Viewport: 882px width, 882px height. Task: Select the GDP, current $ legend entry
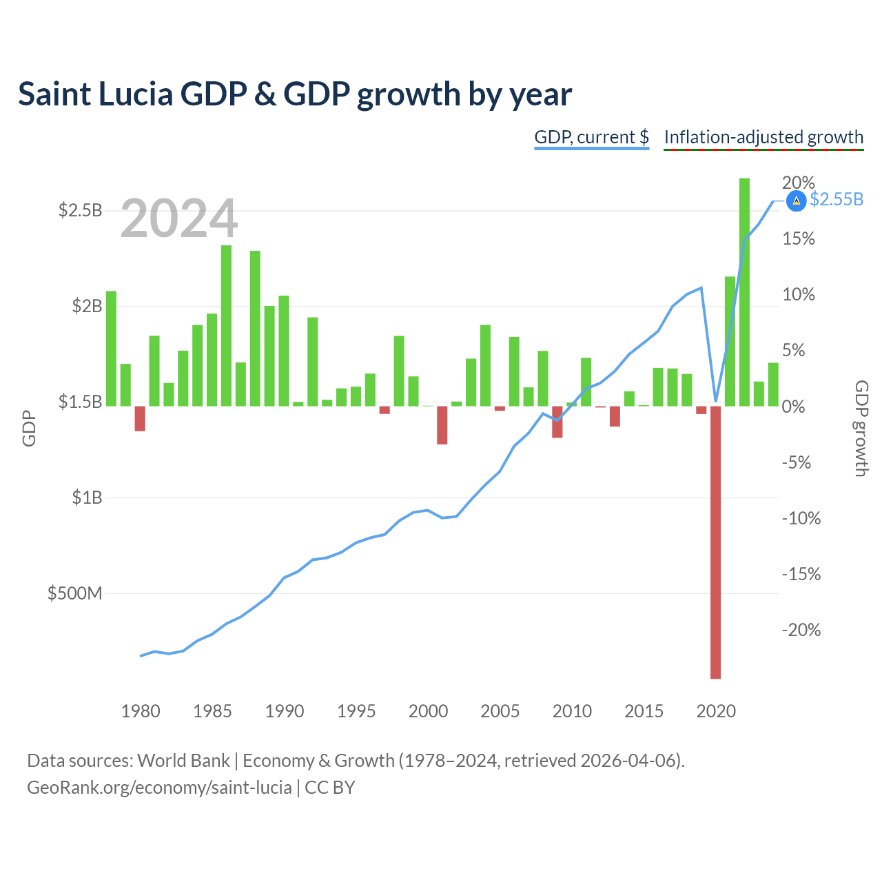(x=591, y=137)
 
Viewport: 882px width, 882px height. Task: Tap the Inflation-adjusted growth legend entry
(x=763, y=137)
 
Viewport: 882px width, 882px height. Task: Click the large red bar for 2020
(x=715, y=542)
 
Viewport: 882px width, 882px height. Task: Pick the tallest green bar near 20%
(x=744, y=292)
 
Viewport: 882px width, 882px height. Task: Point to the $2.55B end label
(x=837, y=199)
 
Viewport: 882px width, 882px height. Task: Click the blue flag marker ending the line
(x=796, y=201)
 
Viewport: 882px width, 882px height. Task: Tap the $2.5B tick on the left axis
(x=80, y=210)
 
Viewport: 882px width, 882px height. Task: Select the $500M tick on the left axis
(x=74, y=593)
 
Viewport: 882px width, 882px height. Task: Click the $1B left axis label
(x=87, y=497)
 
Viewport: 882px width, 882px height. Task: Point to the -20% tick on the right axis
(x=801, y=630)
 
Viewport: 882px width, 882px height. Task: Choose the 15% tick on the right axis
(x=798, y=238)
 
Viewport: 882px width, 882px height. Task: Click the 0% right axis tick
(x=793, y=407)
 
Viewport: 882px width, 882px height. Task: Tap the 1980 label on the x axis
(x=141, y=711)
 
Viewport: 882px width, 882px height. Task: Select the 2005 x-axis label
(x=500, y=711)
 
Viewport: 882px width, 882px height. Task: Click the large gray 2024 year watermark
(x=179, y=218)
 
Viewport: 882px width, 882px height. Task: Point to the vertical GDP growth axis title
(x=861, y=429)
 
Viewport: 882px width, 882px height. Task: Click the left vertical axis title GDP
(x=29, y=429)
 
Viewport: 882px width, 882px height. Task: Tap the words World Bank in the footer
(x=183, y=761)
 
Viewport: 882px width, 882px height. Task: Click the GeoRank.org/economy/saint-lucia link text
(x=159, y=788)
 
